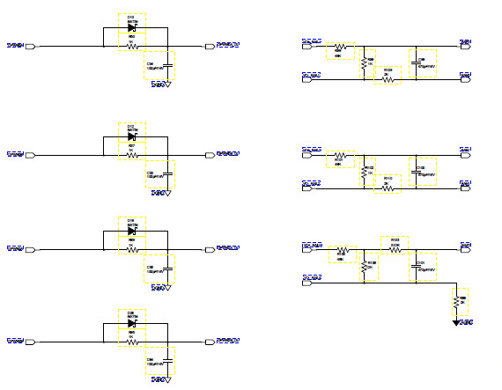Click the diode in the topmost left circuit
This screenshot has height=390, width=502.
tap(131, 27)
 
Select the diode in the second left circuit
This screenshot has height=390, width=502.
tap(131, 136)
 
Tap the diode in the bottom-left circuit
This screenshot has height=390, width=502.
tap(131, 323)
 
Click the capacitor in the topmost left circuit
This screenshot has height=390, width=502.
tap(159, 67)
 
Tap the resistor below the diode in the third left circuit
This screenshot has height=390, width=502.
tap(132, 249)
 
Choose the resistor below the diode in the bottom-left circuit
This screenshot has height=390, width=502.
tap(132, 342)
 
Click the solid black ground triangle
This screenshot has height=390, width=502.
tap(456, 323)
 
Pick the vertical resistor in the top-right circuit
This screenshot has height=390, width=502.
tap(363, 63)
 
